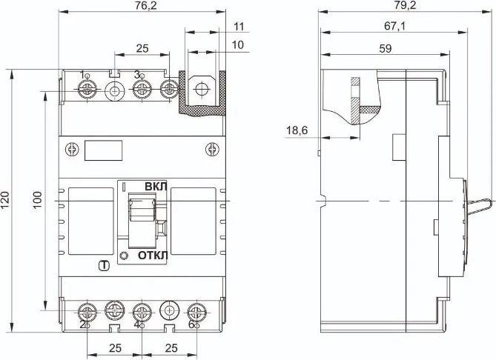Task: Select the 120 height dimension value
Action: (x=6, y=199)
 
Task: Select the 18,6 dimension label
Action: (x=297, y=131)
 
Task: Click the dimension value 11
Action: (x=238, y=27)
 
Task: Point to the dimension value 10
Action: (x=238, y=45)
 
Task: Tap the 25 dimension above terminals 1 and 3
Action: (x=142, y=48)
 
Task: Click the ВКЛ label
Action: (x=155, y=187)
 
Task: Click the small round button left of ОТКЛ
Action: (x=123, y=256)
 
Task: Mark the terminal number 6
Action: (x=192, y=324)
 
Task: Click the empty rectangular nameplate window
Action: (x=103, y=150)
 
